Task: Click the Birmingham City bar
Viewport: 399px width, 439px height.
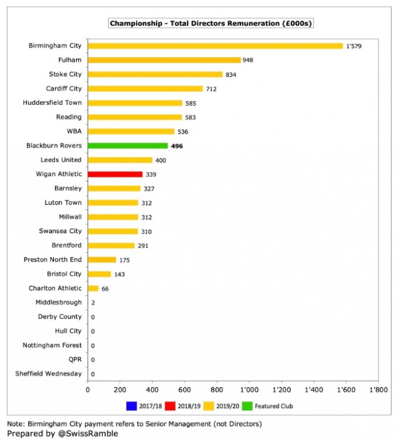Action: tap(215, 46)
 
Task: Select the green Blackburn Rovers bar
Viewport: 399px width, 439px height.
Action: tap(128, 146)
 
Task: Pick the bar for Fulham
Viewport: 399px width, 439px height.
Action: tap(164, 60)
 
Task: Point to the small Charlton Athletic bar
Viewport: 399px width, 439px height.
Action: tap(93, 288)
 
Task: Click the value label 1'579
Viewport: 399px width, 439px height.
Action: tap(354, 46)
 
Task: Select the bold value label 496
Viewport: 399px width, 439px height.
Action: tap(177, 146)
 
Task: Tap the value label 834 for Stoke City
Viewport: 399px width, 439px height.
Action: tap(231, 74)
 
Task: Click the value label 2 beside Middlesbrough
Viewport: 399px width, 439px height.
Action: tap(93, 303)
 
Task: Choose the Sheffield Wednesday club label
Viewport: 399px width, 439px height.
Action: tap(53, 373)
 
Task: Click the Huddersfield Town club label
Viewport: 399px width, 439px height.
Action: tap(53, 102)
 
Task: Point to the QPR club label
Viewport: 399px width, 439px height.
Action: tap(72, 359)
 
